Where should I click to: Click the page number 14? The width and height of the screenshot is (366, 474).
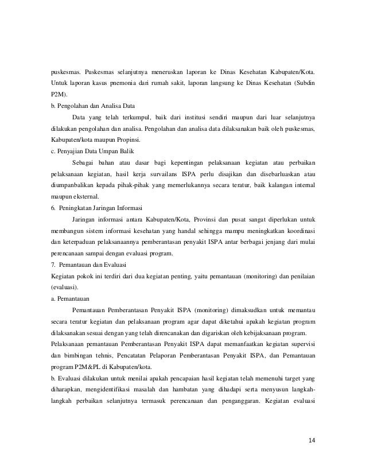point(312,440)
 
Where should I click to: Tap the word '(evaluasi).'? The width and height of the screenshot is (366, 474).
point(65,287)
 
